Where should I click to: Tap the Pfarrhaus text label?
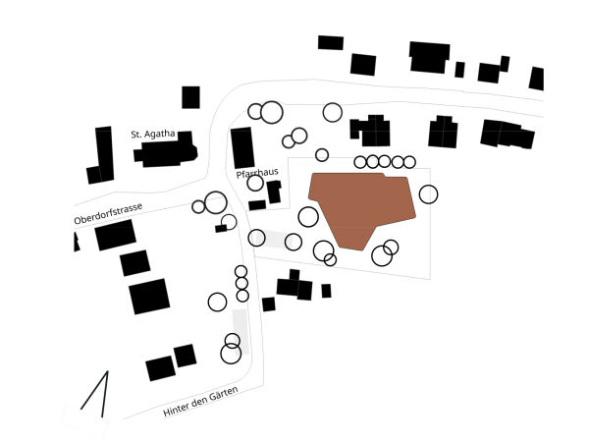[x=257, y=172]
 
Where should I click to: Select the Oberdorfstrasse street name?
[x=108, y=213]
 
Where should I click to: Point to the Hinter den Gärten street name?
[x=200, y=403]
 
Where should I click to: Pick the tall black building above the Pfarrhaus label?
[x=241, y=147]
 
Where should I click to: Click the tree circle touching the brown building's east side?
[x=428, y=194]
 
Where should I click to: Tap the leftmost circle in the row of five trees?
[x=360, y=161]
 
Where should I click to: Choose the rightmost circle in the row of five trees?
[x=409, y=161]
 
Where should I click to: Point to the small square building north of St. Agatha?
[x=190, y=97]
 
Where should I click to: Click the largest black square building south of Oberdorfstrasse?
[x=149, y=296]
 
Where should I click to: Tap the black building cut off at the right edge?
[x=536, y=79]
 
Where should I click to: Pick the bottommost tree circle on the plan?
[x=231, y=354]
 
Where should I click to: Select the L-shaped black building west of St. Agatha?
[x=101, y=155]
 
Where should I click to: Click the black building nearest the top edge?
[x=331, y=42]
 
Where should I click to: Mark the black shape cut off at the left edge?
[x=76, y=242]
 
